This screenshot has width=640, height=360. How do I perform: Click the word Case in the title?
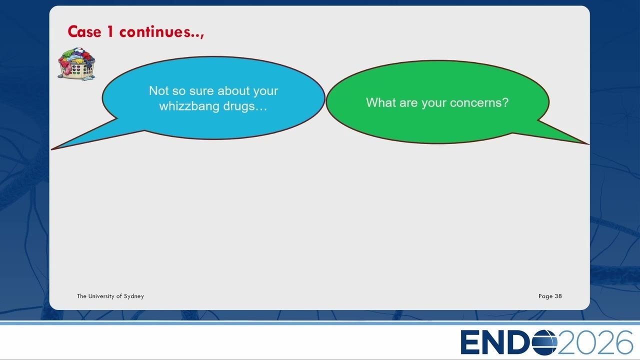pos(84,31)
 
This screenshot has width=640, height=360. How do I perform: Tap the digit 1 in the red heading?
pos(110,31)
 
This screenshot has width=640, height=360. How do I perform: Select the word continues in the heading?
pos(155,31)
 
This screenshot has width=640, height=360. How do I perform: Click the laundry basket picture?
pos(76,63)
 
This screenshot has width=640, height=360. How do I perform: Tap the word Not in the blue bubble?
pos(159,91)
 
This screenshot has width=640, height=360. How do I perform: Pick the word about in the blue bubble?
pos(233,91)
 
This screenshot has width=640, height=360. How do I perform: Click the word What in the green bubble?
pos(380,102)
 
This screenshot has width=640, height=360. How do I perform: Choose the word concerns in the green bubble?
pos(476,103)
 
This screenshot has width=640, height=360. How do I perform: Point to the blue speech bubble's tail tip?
pos(52,149)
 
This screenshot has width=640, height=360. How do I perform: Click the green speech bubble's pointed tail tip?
pos(588,144)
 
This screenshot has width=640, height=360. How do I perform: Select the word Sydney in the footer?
pos(133,296)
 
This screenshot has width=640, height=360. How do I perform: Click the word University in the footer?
pos(101,296)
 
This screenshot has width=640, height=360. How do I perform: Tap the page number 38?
pos(558,296)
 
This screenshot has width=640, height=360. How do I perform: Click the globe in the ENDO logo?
pos(544,342)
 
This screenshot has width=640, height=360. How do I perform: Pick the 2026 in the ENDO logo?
pos(595,342)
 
